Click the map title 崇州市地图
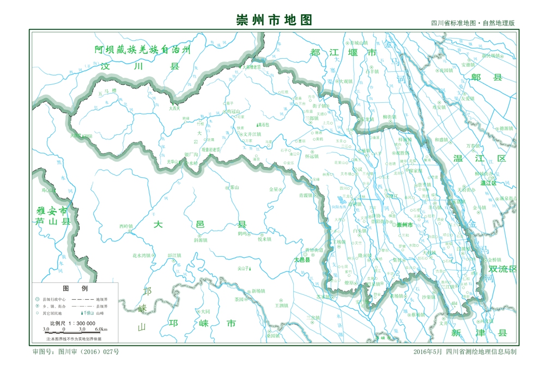point(274,20)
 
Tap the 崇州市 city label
point(404,225)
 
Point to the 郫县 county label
point(486,77)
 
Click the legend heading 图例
point(75,288)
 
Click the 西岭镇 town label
point(125,226)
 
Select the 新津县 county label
point(480,332)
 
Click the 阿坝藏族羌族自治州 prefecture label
point(143,49)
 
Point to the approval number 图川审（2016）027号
point(76,352)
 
